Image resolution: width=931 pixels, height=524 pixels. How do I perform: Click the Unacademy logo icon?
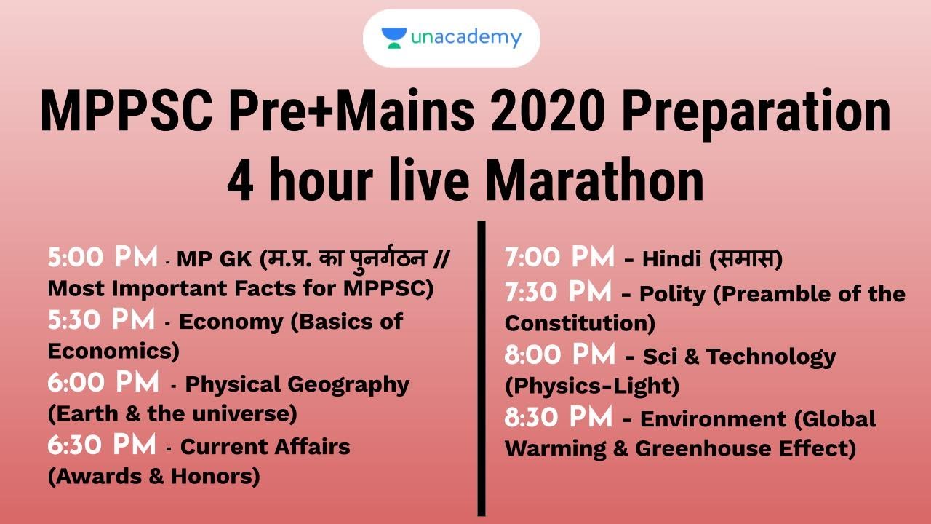393,38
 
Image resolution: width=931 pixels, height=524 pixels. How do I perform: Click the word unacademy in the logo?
465,37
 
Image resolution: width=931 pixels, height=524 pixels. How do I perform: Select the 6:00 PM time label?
103,382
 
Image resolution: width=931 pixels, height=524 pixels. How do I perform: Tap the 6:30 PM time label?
102,445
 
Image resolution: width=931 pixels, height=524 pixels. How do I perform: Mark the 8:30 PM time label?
559,418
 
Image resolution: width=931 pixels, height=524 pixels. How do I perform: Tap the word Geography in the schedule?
348,384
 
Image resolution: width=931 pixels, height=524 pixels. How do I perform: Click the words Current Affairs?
265,447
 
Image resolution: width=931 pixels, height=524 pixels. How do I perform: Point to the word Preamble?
769,294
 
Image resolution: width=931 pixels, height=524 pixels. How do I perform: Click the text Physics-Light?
592,386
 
